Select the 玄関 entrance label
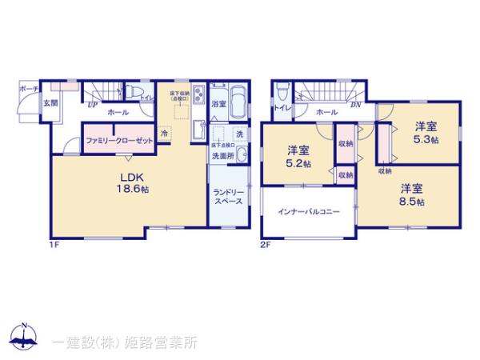50,102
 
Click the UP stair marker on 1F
93,105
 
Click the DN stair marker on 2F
354,105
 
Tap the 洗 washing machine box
239,134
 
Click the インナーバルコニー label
309,212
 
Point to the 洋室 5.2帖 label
299,156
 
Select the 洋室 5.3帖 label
426,132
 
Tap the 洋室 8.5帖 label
413,194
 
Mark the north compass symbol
24,337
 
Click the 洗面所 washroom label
223,157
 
